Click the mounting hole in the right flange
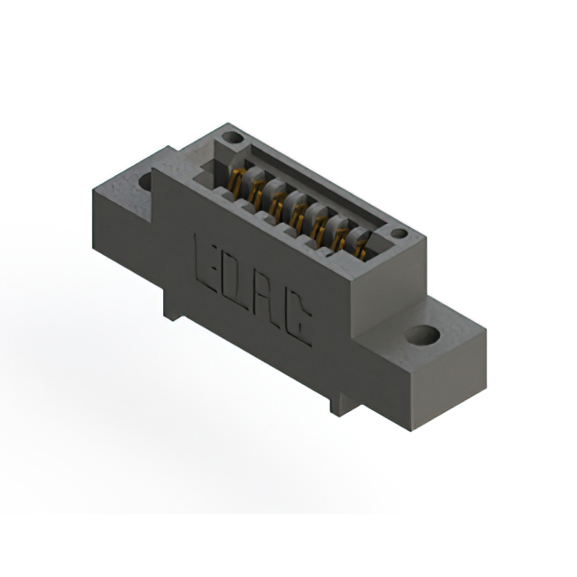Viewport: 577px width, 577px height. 421,337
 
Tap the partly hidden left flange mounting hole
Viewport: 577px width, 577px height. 143,181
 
